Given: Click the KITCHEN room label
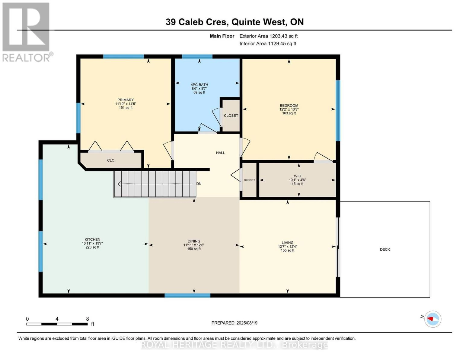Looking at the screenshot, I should pyautogui.click(x=92, y=240).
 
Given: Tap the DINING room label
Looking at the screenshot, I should pyautogui.click(x=194, y=241).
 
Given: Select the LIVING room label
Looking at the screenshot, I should pyautogui.click(x=287, y=243).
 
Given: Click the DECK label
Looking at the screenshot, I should pyautogui.click(x=385, y=249).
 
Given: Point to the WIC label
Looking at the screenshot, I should pyautogui.click(x=297, y=176).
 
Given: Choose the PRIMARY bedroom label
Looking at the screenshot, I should pyautogui.click(x=126, y=100).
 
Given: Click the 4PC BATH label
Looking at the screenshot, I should pyautogui.click(x=199, y=85).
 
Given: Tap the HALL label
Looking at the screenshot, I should pyautogui.click(x=220, y=153).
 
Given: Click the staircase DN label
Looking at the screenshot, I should pyautogui.click(x=199, y=184).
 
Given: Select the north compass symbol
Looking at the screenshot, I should pyautogui.click(x=432, y=319).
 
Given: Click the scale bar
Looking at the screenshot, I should pyautogui.click(x=57, y=324).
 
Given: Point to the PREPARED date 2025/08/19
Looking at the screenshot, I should pyautogui.click(x=234, y=323).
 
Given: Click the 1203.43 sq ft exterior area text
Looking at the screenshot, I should pyautogui.click(x=269, y=36).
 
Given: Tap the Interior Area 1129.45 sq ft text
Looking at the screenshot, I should pyautogui.click(x=268, y=43).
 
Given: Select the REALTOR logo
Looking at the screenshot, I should pyautogui.click(x=27, y=32).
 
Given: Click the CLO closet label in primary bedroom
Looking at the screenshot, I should pyautogui.click(x=111, y=160).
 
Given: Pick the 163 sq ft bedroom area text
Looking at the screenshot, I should pyautogui.click(x=289, y=113).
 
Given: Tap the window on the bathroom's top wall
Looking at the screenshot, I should pyautogui.click(x=197, y=56).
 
